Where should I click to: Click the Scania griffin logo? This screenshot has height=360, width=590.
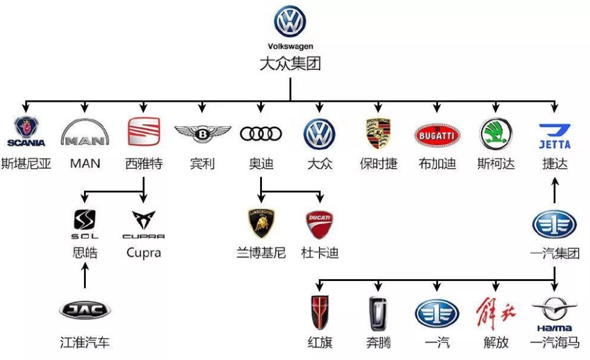point(26,132)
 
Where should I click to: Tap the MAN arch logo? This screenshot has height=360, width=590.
point(85,132)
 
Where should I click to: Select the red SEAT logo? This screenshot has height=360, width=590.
point(143,131)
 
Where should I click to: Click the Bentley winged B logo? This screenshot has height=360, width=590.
point(202,133)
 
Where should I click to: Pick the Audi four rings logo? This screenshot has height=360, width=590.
point(261,133)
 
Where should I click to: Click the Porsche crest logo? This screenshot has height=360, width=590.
point(378,133)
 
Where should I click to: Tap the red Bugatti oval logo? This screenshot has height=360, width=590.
point(437,134)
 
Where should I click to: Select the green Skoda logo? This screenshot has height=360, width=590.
point(495,133)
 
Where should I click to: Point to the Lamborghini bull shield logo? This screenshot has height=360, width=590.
point(261,223)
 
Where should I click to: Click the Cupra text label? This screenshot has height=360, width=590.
point(143,253)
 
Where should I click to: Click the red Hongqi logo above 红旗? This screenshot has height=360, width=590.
point(319,312)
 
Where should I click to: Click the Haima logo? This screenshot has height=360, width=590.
point(554,314)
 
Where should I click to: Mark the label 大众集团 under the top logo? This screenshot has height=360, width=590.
point(290,64)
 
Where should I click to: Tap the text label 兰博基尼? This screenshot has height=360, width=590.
point(261,253)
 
